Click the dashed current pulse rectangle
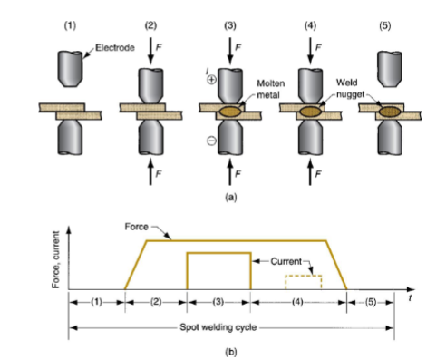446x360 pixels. click(x=303, y=282)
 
